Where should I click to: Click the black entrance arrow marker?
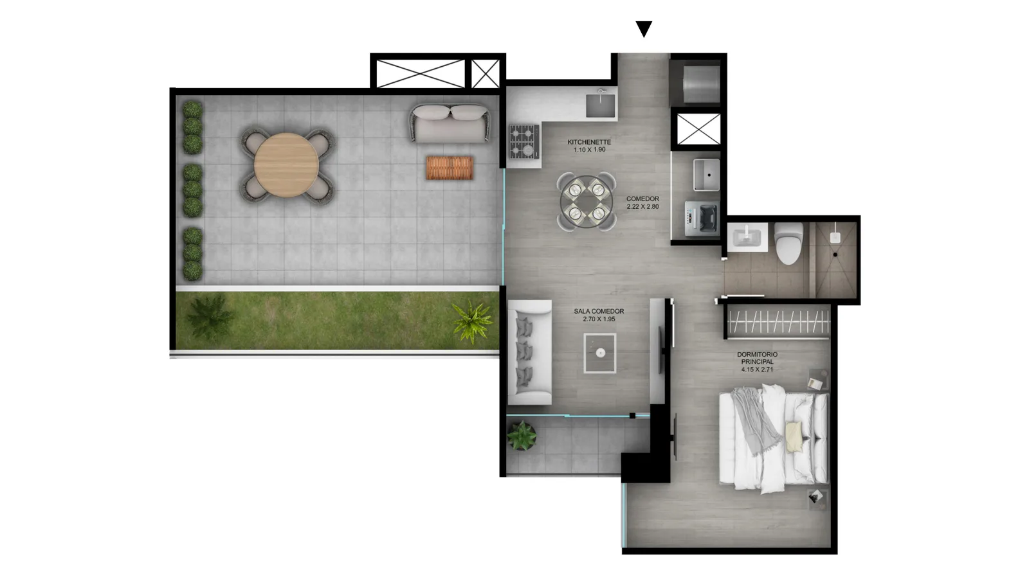(644, 28)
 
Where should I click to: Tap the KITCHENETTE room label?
(589, 142)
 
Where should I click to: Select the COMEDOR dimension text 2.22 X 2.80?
(642, 207)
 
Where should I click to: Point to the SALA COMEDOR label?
(599, 311)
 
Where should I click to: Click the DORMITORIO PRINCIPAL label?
(757, 358)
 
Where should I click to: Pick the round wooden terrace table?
(286, 165)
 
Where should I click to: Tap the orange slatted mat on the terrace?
(450, 168)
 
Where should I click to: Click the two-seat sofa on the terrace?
(450, 123)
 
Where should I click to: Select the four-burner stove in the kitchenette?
(524, 141)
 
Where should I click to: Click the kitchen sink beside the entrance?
(601, 104)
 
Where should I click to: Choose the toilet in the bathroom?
(788, 244)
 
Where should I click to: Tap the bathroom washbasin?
(747, 236)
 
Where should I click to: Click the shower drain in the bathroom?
(835, 254)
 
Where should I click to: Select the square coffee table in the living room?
(600, 353)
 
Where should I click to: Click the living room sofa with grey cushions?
(529, 352)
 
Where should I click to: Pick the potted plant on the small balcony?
(522, 436)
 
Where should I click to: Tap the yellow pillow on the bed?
(794, 437)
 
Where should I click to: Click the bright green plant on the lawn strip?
(472, 321)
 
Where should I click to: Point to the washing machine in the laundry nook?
(702, 218)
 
